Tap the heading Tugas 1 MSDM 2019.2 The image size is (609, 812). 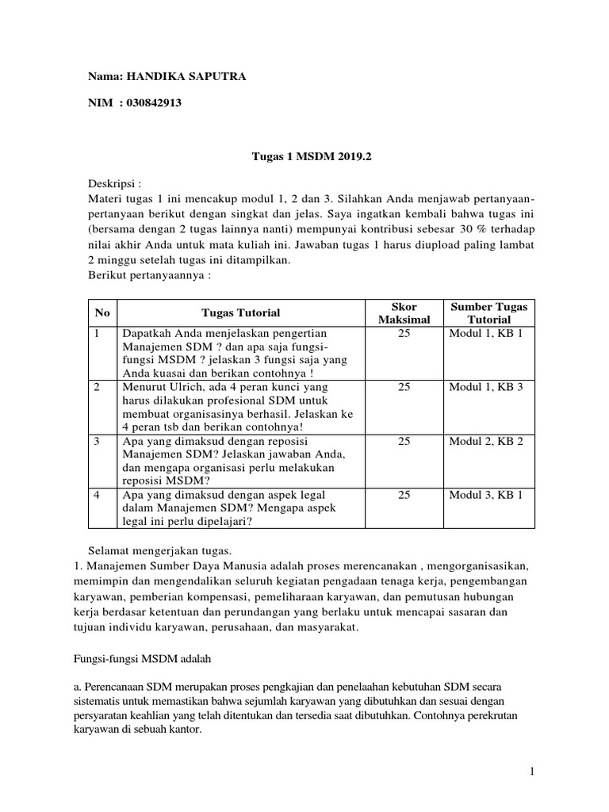(x=306, y=158)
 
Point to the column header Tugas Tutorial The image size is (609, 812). (x=241, y=313)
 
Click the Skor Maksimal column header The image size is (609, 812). (x=404, y=313)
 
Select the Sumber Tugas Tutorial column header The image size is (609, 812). (x=488, y=313)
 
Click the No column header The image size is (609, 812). (x=101, y=313)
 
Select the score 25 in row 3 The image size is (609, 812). (x=404, y=441)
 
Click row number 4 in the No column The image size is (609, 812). (x=97, y=495)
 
